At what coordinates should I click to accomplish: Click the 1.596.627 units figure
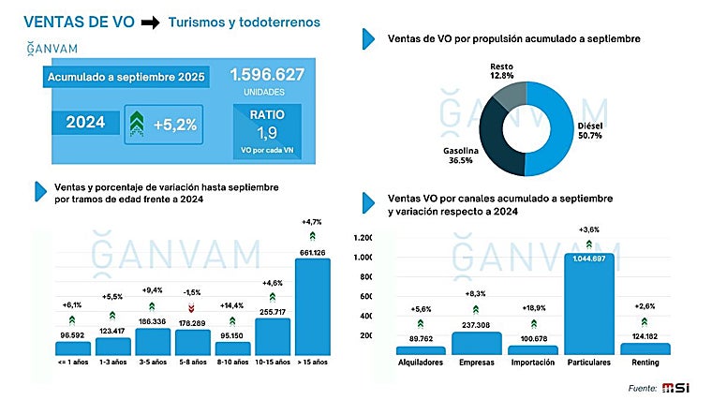pos(267,74)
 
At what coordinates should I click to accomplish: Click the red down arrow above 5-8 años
pos(191,307)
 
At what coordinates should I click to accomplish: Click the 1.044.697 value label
pos(590,259)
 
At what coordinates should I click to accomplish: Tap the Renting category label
pos(645,361)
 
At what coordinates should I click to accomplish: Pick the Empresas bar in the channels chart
pos(477,343)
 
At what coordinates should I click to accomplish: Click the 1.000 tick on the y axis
pos(363,257)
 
